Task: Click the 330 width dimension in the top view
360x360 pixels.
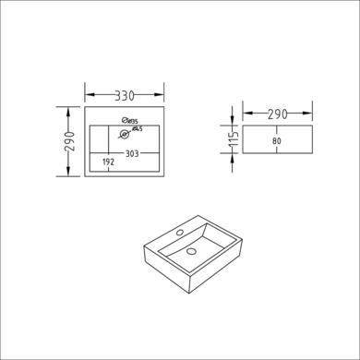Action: (123, 94)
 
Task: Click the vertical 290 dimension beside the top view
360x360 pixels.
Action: (68, 141)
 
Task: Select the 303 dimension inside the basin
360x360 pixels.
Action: (132, 154)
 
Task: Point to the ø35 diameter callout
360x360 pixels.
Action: (132, 122)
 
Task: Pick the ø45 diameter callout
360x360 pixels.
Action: (136, 130)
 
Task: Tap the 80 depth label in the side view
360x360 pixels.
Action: (277, 141)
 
